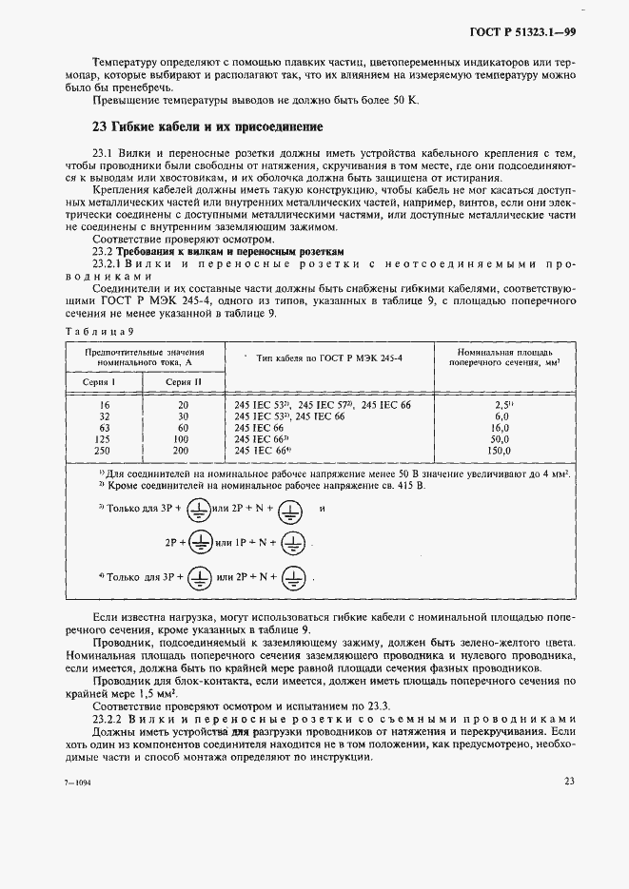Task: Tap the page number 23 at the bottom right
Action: (x=569, y=783)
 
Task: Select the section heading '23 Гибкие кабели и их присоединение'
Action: (x=207, y=126)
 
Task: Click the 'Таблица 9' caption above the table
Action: (x=98, y=330)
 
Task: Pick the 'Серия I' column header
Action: (x=102, y=380)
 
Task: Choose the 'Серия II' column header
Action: (x=184, y=380)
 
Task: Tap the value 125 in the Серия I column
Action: (x=102, y=438)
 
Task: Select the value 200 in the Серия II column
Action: (x=184, y=450)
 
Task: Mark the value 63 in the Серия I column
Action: (x=102, y=427)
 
